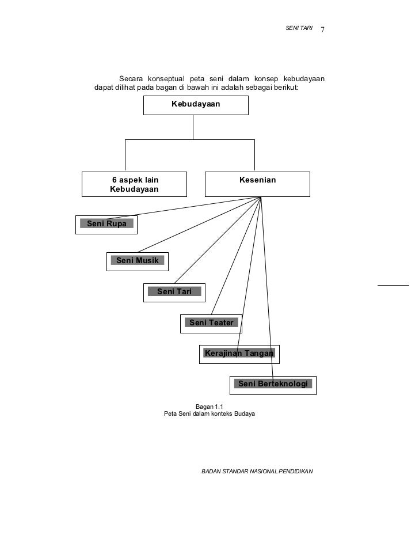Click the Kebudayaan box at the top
[196, 105]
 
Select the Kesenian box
[257, 184]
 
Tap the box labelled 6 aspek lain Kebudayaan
[135, 184]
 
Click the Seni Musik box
[138, 261]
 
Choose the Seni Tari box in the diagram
[174, 292]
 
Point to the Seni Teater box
[211, 323]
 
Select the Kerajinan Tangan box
[239, 354]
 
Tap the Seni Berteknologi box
[273, 385]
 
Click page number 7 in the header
[323, 30]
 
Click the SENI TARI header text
[298, 28]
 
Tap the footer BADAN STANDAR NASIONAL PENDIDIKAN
[257, 471]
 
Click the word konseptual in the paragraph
[165, 79]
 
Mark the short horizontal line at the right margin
[393, 284]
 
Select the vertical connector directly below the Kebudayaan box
[193, 127]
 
